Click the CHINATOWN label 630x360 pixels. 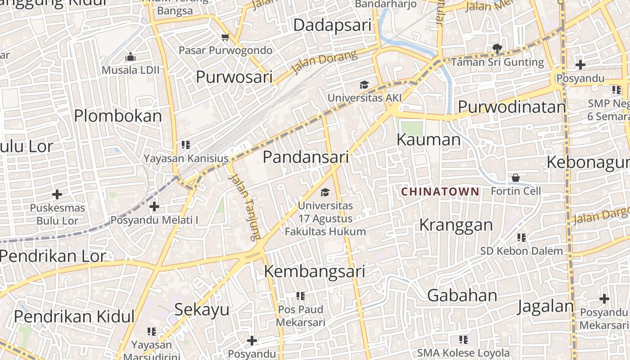[440, 192]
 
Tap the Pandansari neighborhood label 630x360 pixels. [306, 157]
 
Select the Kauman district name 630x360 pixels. [428, 140]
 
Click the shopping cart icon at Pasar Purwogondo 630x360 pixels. [225, 37]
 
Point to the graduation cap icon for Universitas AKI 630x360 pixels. [364, 85]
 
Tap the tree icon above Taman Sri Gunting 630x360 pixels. [497, 48]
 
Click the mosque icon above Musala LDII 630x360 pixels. [130, 57]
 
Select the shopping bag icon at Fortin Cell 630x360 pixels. [516, 178]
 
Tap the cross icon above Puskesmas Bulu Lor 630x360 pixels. [57, 194]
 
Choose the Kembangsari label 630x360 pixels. [314, 272]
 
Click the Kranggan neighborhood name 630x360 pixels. [456, 225]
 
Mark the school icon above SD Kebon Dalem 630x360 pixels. [522, 237]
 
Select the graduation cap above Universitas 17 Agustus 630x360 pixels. [324, 193]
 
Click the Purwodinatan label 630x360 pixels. [512, 107]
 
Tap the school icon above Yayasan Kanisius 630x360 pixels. [186, 144]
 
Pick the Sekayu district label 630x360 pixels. [202, 310]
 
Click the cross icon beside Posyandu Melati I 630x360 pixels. [154, 207]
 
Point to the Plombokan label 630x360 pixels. [118, 116]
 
